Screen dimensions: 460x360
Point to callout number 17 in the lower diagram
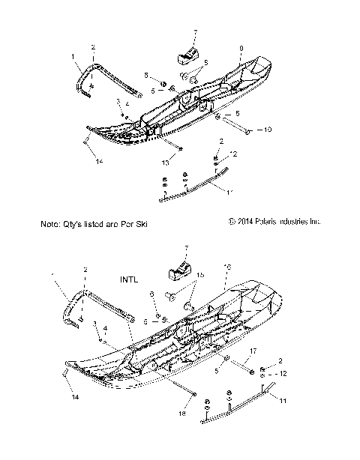[253, 351]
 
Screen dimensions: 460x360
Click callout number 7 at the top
[195, 32]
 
